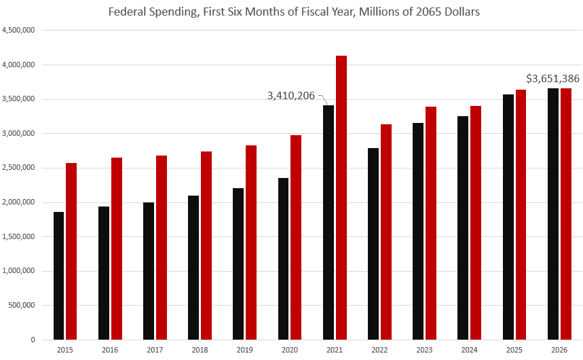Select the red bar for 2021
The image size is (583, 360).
(341, 198)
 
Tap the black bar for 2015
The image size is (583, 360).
(58, 276)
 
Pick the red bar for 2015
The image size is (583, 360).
(71, 251)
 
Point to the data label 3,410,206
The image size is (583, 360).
(290, 96)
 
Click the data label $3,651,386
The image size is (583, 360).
(552, 78)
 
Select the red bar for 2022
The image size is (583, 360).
(386, 232)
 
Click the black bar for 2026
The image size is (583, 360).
(553, 214)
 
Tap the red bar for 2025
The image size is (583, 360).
(521, 215)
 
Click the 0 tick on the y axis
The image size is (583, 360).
(33, 340)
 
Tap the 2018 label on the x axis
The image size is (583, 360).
(200, 350)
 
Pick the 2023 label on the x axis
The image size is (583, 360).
(424, 350)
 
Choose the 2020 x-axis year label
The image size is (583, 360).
(290, 350)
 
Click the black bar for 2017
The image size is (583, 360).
(149, 271)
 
